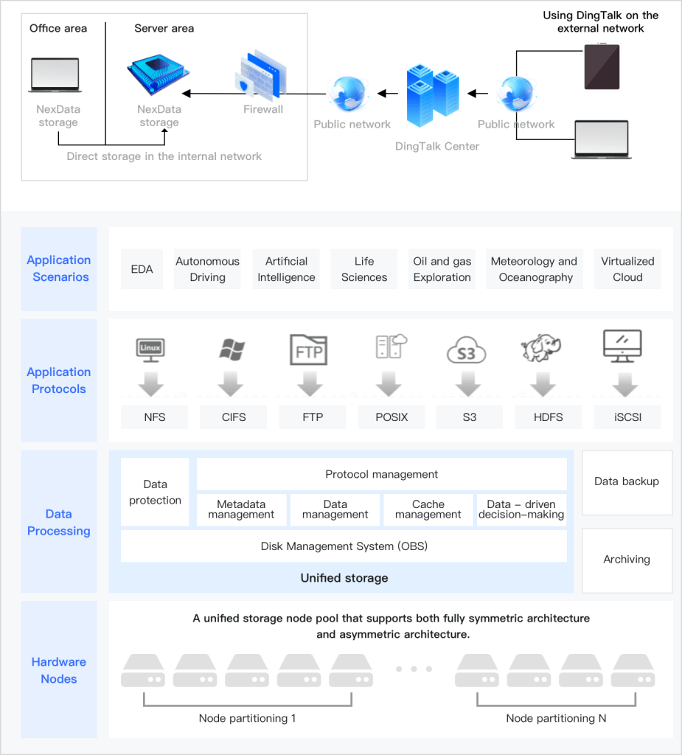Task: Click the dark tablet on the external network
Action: (602, 66)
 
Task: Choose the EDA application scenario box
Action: (142, 269)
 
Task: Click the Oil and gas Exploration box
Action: (442, 269)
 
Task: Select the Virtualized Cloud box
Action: (627, 269)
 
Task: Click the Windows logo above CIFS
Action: (232, 349)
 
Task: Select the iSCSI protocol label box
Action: (627, 417)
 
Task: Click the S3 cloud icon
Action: (467, 351)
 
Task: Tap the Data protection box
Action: (155, 492)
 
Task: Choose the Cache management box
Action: (428, 509)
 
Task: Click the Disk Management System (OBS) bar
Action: (344, 546)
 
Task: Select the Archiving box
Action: (627, 560)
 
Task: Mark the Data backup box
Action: (627, 481)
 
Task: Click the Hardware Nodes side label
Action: (59, 669)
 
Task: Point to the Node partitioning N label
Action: (556, 717)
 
